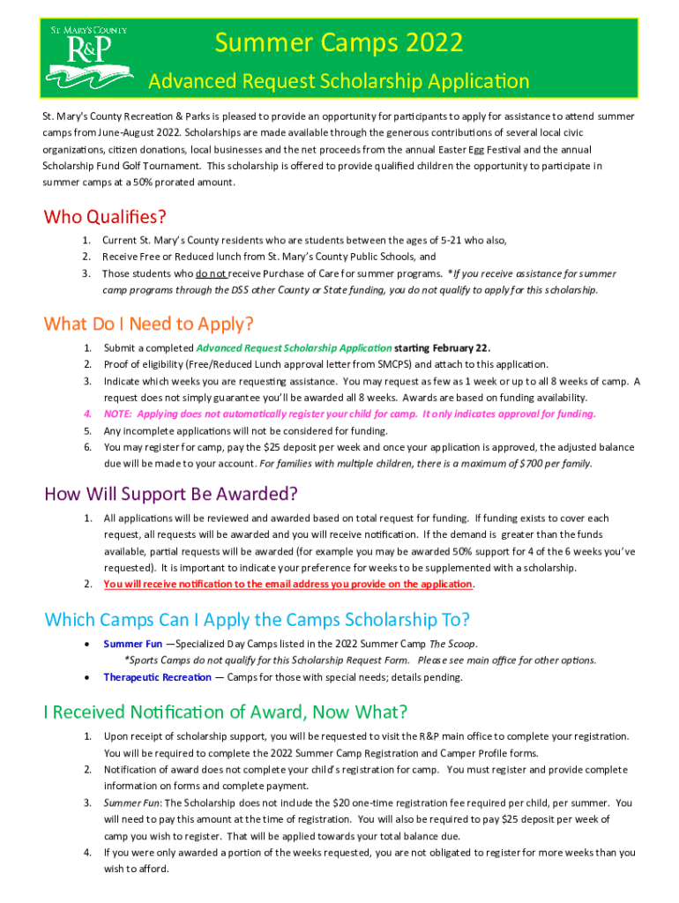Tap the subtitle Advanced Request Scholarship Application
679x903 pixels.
[x=339, y=82]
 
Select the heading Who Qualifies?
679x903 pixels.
[x=105, y=216]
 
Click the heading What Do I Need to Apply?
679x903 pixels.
[x=149, y=324]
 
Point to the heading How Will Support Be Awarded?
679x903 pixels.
[x=171, y=493]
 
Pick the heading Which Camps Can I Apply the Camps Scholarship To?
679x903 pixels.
[x=257, y=619]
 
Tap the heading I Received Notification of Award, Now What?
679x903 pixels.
[x=226, y=712]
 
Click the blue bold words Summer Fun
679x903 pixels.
[x=126, y=644]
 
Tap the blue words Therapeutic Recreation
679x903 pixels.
[x=157, y=677]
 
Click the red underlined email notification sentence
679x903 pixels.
[x=288, y=584]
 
